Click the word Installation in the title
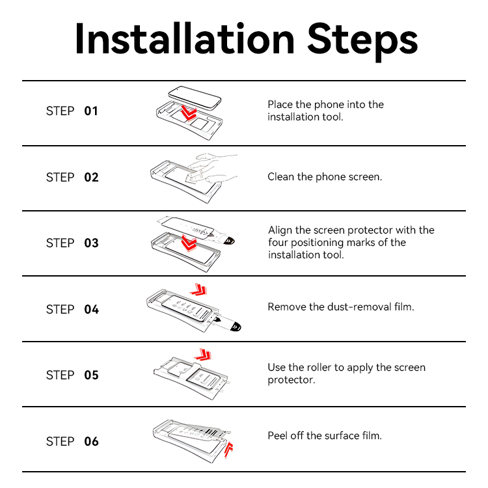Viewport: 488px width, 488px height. pyautogui.click(x=185, y=39)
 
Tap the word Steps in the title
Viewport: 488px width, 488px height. pyautogui.click(x=362, y=42)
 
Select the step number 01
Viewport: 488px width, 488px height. pyautogui.click(x=91, y=111)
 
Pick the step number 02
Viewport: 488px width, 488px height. pyautogui.click(x=91, y=178)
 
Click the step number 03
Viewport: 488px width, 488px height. pyautogui.click(x=91, y=243)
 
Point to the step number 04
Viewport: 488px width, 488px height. pyautogui.click(x=91, y=310)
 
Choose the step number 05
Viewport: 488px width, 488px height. pyautogui.click(x=91, y=375)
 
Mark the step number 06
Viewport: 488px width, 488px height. pyautogui.click(x=91, y=442)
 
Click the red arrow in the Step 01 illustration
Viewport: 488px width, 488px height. pyautogui.click(x=188, y=113)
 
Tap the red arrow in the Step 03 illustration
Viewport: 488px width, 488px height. pyautogui.click(x=189, y=243)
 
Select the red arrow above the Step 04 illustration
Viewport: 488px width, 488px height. pyautogui.click(x=199, y=290)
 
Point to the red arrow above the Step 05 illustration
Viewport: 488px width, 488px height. pyautogui.click(x=203, y=355)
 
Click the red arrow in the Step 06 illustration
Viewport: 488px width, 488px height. pyautogui.click(x=229, y=449)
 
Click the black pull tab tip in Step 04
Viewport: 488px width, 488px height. pyautogui.click(x=236, y=327)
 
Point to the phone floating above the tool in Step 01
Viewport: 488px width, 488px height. pyautogui.click(x=195, y=98)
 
